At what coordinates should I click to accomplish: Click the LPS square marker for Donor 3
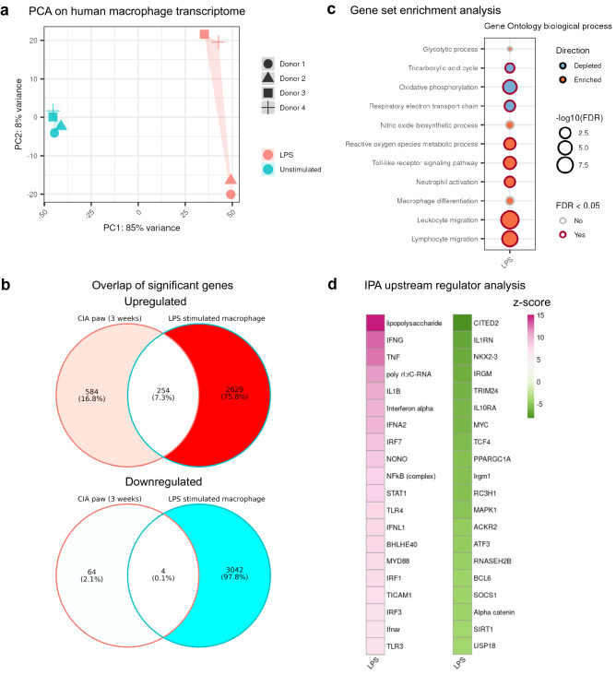point(205,35)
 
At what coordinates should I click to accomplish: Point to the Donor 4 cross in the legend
point(267,108)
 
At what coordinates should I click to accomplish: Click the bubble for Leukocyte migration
point(509,220)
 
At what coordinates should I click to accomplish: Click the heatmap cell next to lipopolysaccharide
point(376,323)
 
